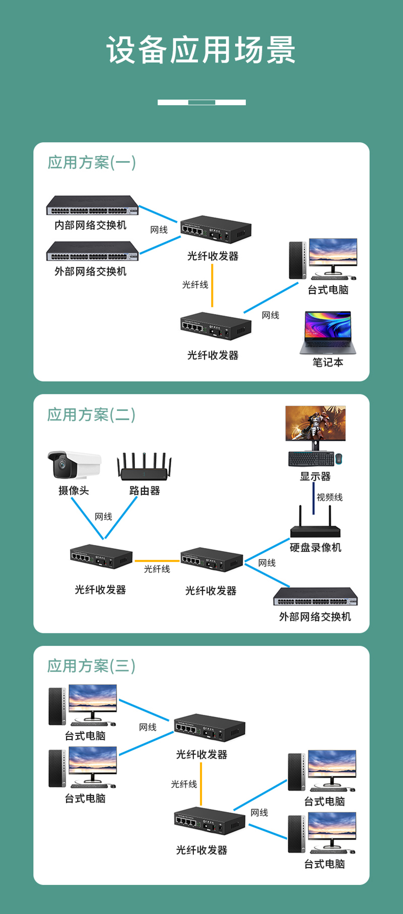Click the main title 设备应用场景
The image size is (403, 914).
(x=201, y=50)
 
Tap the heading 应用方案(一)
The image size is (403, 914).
(x=92, y=162)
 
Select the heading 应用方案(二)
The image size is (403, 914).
(x=92, y=415)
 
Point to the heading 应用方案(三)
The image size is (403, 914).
(x=92, y=666)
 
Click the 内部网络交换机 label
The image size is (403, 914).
(x=91, y=225)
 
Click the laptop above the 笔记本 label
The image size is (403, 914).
(x=328, y=332)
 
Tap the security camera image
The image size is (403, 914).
(x=74, y=464)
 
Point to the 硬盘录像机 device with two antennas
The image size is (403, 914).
(x=315, y=526)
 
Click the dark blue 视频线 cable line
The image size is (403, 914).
(x=313, y=498)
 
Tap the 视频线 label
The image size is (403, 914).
(x=329, y=497)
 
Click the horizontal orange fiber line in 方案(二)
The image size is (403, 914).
(x=157, y=561)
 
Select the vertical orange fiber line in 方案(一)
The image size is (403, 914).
(x=212, y=285)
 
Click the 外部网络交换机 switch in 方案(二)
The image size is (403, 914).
(x=315, y=598)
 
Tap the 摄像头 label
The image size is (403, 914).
(x=74, y=490)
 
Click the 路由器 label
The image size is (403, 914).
(x=145, y=490)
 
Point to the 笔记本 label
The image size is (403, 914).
(x=328, y=363)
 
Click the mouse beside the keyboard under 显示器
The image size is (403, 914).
(x=339, y=458)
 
